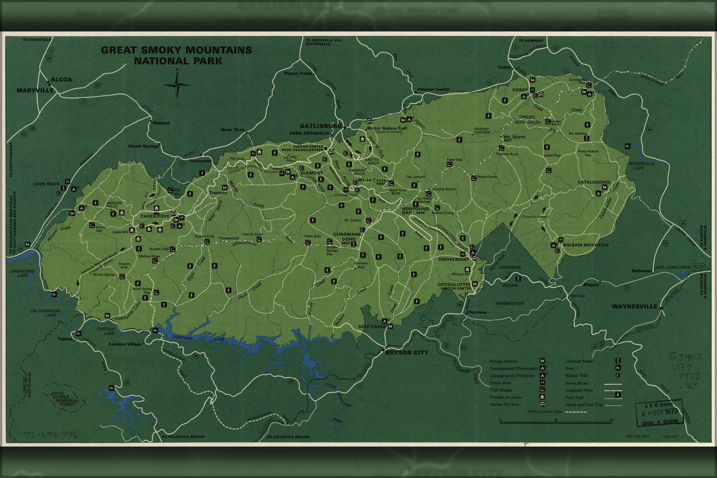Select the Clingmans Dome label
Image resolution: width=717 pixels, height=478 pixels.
(x=347, y=237)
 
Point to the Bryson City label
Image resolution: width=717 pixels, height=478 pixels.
(x=407, y=353)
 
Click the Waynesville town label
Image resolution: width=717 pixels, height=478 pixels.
(x=634, y=306)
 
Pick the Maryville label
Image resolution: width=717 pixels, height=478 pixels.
(x=35, y=90)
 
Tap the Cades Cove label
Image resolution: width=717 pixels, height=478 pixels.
(x=154, y=216)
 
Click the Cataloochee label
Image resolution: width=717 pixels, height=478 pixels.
(x=594, y=182)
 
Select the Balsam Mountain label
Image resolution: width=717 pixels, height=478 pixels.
(x=585, y=245)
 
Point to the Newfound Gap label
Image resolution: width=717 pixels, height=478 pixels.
(x=415, y=211)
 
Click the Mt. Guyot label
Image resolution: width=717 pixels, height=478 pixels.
(x=514, y=137)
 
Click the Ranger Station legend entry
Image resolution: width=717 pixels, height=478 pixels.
(x=504, y=361)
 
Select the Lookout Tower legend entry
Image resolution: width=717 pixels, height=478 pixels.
(x=579, y=361)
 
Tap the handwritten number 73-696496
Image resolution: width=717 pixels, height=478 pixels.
(x=51, y=435)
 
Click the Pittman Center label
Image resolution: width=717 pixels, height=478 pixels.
(x=433, y=89)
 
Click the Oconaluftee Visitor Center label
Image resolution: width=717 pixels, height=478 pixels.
(x=454, y=286)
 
